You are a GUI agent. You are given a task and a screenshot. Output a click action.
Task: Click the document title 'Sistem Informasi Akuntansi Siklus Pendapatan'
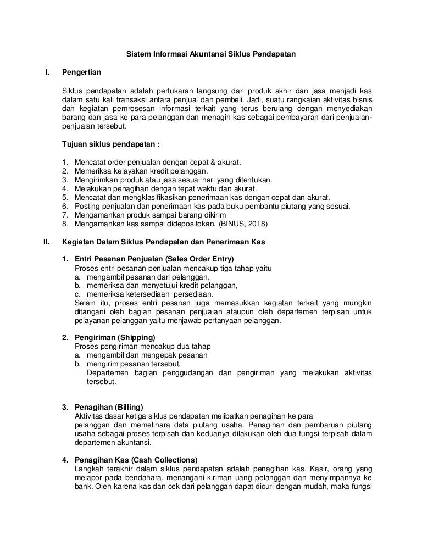point(212,55)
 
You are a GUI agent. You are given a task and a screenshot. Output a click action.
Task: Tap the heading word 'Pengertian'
point(81,73)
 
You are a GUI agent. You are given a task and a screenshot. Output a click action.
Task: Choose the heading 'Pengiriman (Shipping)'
point(114,337)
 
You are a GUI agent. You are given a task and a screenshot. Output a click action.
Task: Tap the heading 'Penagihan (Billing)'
point(108,407)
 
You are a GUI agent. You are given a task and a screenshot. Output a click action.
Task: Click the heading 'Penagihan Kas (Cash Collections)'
point(136,460)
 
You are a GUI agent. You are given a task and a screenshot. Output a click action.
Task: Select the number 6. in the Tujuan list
point(65,206)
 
